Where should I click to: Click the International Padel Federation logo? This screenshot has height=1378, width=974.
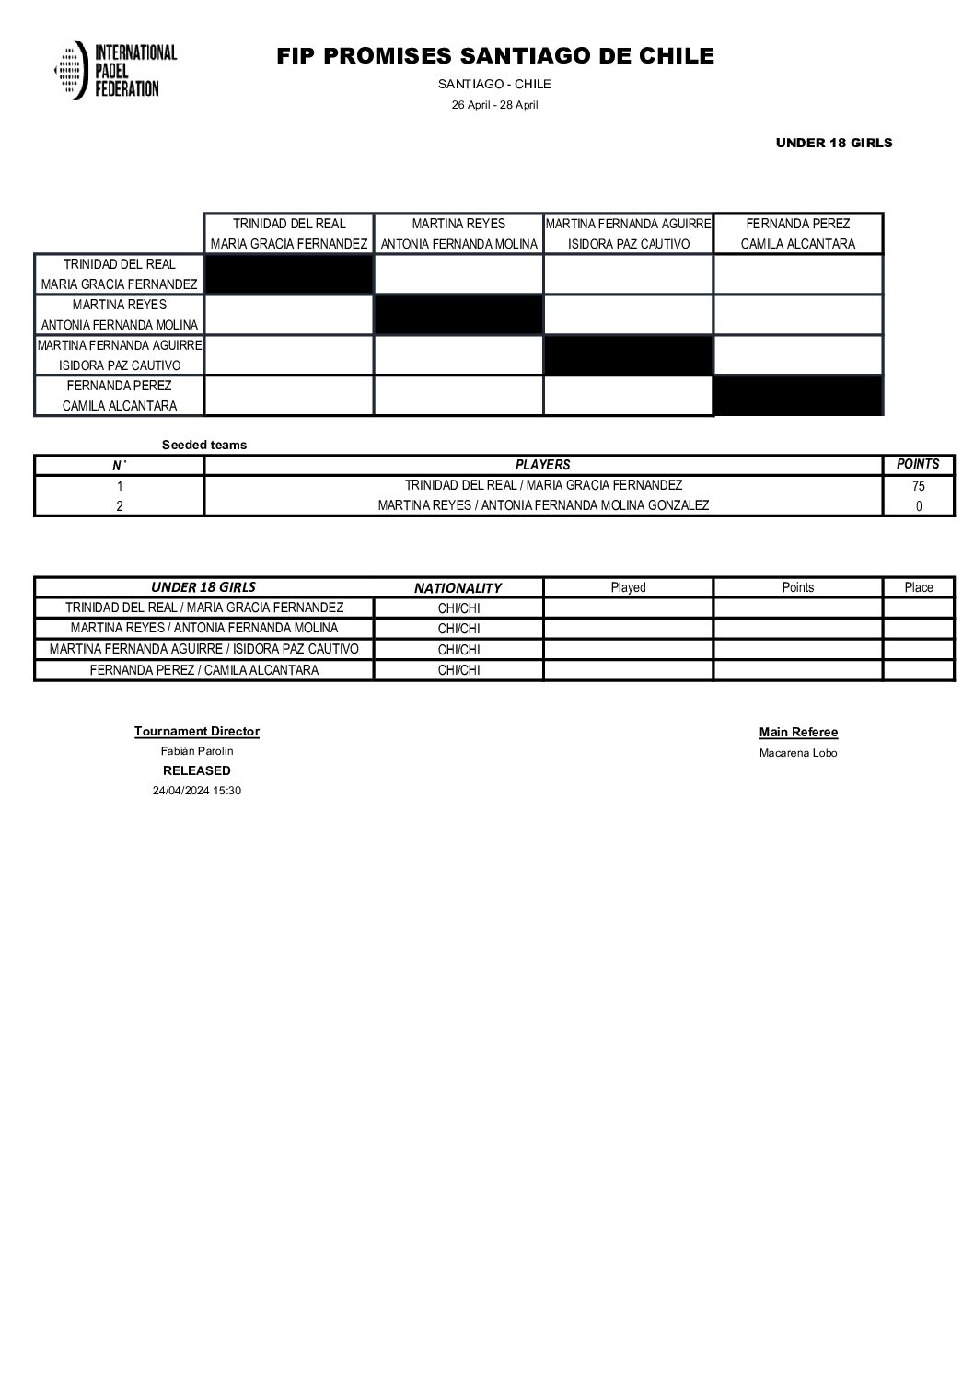116,69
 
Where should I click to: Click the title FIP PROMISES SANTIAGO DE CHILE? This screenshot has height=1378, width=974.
494,56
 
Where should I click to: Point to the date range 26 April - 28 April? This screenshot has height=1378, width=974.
494,105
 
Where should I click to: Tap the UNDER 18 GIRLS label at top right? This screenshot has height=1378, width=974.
833,143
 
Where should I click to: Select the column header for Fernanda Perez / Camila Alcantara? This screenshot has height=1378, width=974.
797,234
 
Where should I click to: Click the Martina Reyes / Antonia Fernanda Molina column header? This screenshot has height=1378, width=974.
458,234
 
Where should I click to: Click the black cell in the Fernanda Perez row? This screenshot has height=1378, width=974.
797,396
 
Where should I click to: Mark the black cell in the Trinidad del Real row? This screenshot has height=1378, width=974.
289,274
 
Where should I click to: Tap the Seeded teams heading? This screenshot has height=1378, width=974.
204,445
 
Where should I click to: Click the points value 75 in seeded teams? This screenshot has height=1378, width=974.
918,486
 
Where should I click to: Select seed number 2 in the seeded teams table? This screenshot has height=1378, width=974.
120,505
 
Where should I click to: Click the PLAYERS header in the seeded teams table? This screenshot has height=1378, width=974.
543,465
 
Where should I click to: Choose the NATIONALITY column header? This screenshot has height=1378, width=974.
458,588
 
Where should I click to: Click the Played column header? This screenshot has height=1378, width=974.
628,587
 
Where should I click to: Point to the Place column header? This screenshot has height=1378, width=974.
918,587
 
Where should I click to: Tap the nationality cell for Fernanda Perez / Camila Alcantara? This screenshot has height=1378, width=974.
458,670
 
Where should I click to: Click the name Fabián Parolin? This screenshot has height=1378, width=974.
197,751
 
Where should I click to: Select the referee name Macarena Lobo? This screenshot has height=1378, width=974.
798,753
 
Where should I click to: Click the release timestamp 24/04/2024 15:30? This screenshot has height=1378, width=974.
197,791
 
